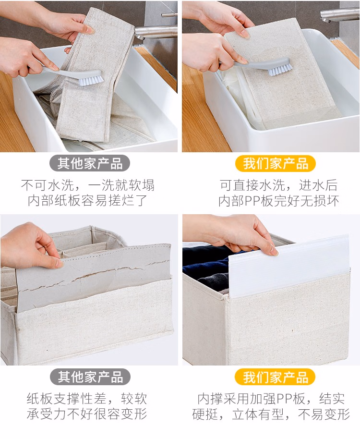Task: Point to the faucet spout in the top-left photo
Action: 155,31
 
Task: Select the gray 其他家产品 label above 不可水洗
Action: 90,163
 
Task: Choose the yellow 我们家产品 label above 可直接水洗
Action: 276,163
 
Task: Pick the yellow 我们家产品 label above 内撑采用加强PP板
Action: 275,377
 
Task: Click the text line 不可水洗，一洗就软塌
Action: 87,185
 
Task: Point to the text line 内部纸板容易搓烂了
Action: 87,200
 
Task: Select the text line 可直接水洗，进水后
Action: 278,185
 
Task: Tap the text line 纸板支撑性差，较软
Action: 87,398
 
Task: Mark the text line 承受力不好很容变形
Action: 87,414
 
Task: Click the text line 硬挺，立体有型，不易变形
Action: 271,414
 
